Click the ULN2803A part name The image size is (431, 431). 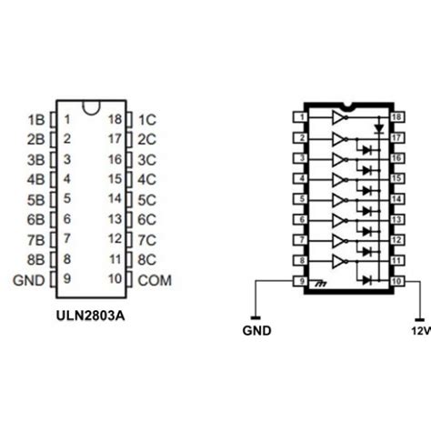[x=90, y=319]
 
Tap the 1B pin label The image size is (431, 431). [x=36, y=119]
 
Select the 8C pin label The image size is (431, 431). [x=147, y=259]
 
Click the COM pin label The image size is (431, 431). [x=154, y=279]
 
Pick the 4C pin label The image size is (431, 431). [x=147, y=179]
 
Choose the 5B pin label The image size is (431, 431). [x=36, y=199]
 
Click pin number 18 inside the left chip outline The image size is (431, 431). [x=115, y=119]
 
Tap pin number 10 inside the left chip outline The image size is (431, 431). [x=115, y=279]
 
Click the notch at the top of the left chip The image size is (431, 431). [x=91, y=107]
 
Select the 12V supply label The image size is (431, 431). [x=421, y=332]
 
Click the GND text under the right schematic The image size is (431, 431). [x=257, y=332]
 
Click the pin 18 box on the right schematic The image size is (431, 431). [x=396, y=117]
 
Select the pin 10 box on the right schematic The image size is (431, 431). [x=396, y=281]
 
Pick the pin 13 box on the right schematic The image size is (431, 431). [x=396, y=219]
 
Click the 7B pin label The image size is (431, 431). [x=36, y=239]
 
